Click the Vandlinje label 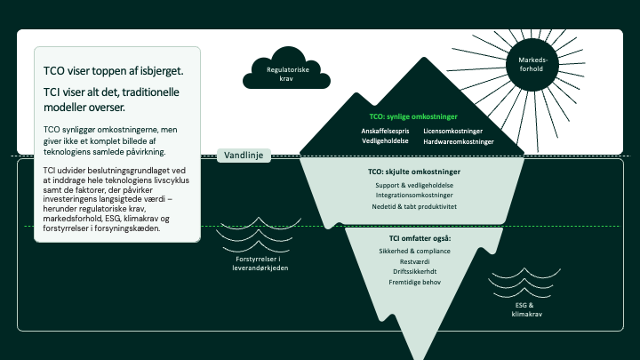(244, 156)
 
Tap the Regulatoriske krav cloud (286, 70)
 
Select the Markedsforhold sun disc (532, 65)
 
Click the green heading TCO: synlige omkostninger (413, 116)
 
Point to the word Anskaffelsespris (385, 131)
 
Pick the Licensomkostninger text (452, 131)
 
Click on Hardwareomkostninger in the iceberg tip (459, 141)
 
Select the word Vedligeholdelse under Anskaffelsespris (385, 140)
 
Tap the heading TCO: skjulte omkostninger (414, 172)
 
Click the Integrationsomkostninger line (414, 195)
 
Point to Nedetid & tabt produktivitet (414, 206)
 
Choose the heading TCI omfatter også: (420, 238)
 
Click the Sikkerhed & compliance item (415, 251)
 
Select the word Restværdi (415, 261)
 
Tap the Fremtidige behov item (415, 282)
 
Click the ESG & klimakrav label (526, 310)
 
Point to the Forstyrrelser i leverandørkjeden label (260, 264)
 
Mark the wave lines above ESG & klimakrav (524, 283)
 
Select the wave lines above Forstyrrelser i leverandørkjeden (259, 235)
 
